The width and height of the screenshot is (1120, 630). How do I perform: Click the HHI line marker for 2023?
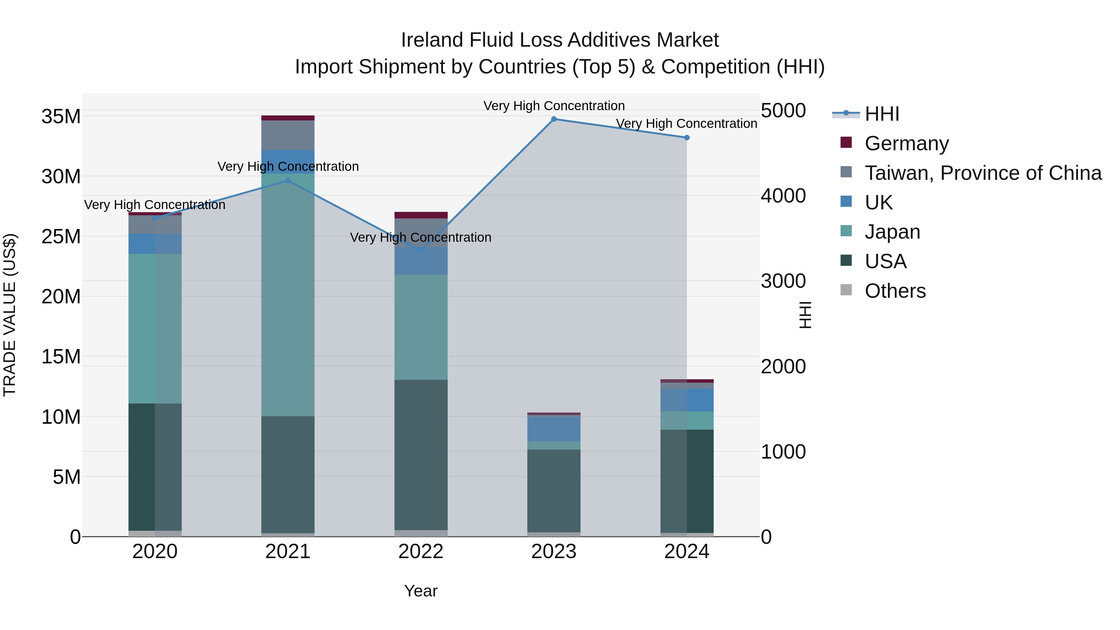point(553,119)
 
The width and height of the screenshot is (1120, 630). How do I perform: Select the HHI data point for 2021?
point(287,180)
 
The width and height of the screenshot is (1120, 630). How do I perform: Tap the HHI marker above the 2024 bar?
point(687,138)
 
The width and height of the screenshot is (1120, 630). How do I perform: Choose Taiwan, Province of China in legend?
point(982,173)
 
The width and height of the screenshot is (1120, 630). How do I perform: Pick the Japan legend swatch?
point(846,231)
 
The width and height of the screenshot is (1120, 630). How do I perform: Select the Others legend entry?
point(895,291)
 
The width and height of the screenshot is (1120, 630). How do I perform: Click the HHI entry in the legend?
point(881,114)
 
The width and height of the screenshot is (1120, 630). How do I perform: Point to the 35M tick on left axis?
point(61,117)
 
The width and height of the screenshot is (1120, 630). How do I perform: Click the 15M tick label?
point(61,357)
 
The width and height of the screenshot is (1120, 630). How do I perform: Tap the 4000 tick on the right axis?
point(783,196)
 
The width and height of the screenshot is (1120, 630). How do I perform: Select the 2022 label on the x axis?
point(420,552)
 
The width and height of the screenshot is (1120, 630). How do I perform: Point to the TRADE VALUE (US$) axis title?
point(10,315)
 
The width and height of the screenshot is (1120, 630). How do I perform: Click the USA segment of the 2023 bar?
point(553,490)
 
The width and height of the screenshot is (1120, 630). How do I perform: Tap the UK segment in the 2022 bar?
point(420,261)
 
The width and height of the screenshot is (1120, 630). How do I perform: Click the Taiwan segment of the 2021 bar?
point(287,135)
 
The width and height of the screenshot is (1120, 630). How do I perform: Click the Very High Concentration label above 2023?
point(553,106)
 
